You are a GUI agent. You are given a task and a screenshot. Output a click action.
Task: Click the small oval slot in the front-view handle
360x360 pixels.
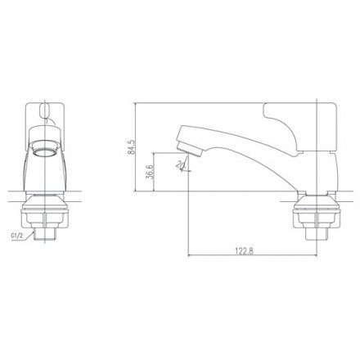[x=46, y=106]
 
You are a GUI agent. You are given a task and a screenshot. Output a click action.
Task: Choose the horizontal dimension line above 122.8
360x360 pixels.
[x=245, y=255]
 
